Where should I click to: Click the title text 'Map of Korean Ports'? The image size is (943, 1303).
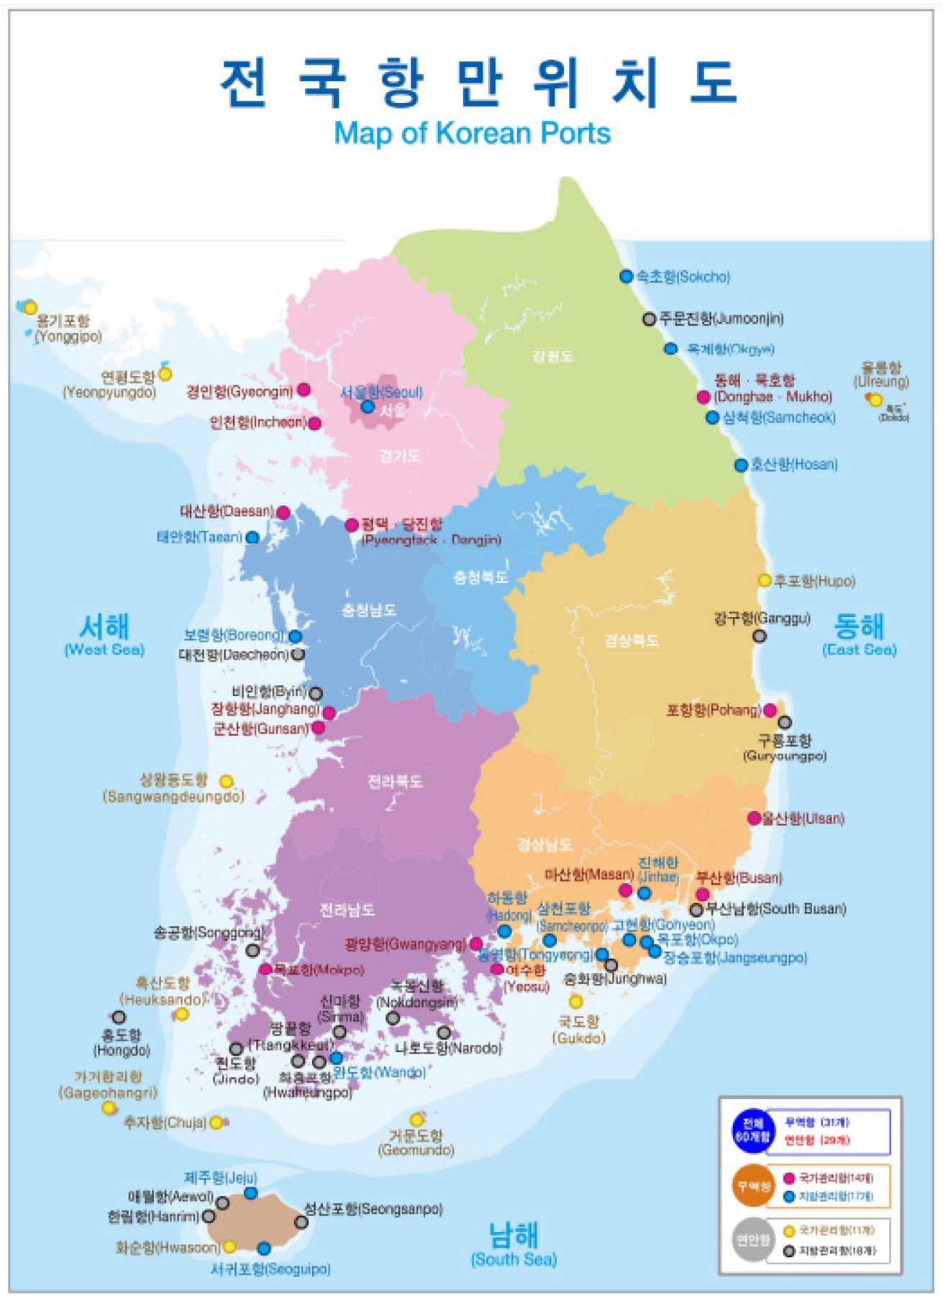click(472, 134)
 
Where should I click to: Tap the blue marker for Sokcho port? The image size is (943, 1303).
click(626, 276)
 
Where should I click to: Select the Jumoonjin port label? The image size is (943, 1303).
click(721, 319)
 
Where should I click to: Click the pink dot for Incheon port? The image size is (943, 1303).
click(314, 423)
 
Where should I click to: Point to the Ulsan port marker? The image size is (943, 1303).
click(754, 818)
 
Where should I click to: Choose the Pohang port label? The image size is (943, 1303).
click(713, 710)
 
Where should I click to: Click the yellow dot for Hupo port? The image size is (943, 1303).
click(765, 580)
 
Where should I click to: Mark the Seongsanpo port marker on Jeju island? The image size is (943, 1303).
click(301, 1222)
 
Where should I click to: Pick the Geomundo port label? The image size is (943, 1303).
click(416, 1143)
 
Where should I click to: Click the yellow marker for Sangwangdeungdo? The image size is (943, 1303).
click(226, 781)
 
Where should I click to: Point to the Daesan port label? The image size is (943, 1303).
click(227, 512)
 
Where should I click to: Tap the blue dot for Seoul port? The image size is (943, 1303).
click(368, 406)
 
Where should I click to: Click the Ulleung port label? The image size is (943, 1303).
click(881, 375)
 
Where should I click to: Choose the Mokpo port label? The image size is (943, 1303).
click(319, 970)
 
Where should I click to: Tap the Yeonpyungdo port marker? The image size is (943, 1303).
click(165, 374)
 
